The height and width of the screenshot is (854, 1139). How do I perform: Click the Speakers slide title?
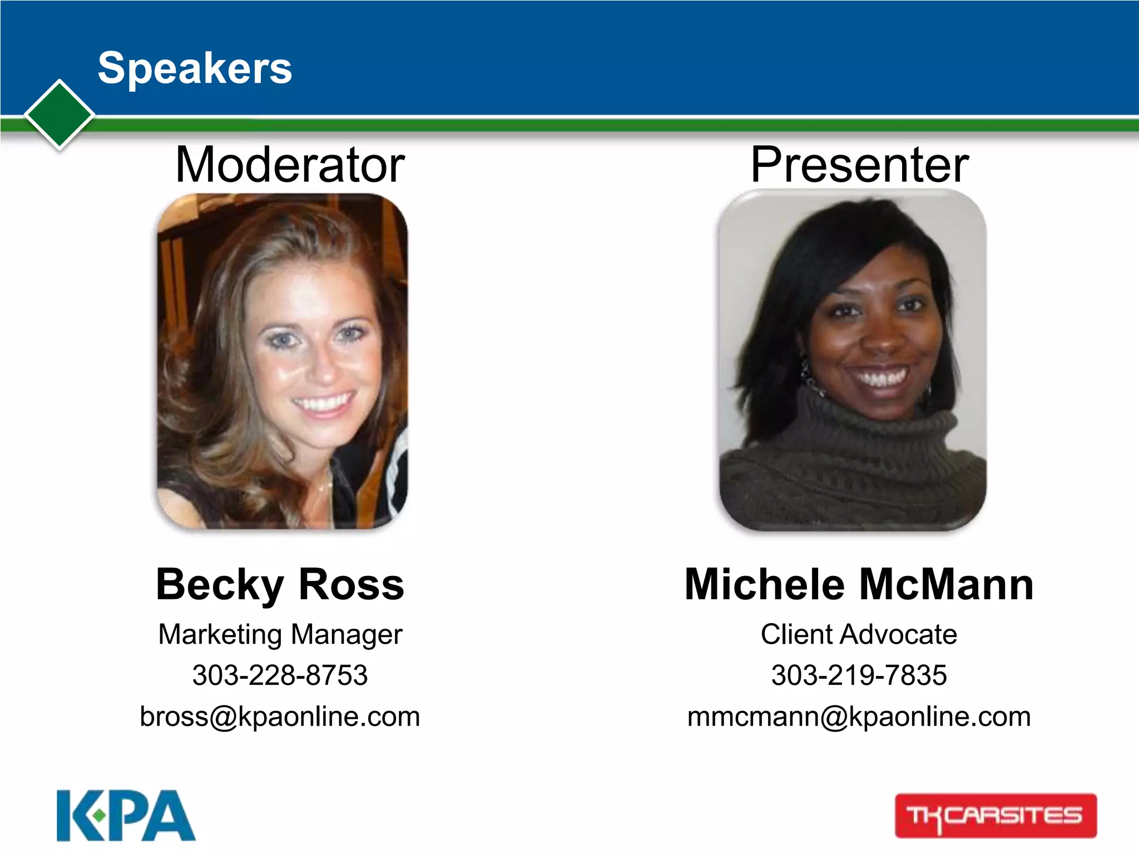pos(195,68)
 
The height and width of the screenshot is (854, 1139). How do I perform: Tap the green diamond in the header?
pos(60,115)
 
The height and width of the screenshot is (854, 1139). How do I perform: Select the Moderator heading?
pos(290,165)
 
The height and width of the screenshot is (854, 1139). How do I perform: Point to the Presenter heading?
pos(859,165)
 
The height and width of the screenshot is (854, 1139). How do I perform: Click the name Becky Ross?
pos(280,584)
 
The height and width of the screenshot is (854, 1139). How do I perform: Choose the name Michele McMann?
pos(859,584)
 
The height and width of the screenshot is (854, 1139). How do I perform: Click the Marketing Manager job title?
pos(280,634)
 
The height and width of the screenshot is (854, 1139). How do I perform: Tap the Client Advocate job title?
pos(859,634)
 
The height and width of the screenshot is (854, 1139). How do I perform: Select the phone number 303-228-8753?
pos(280,676)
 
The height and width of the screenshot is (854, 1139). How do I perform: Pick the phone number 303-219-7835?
pos(859,676)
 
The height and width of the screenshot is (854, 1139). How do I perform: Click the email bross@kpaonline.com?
pos(280,717)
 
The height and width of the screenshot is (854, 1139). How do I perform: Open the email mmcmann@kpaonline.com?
pos(859,717)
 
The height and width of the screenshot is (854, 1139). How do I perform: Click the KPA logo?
pos(126,816)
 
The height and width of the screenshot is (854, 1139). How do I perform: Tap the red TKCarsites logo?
pos(996,816)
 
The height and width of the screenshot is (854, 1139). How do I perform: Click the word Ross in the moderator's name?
pos(351,584)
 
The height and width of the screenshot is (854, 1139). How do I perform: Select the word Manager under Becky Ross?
pos(346,634)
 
